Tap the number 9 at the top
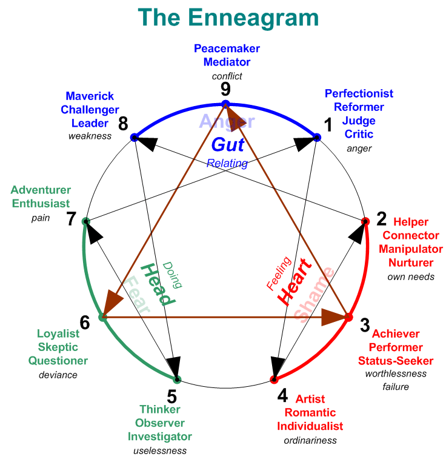click(225, 90)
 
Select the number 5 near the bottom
click(171, 396)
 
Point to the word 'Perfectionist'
click(359, 93)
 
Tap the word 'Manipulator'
click(407, 249)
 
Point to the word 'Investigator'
click(159, 437)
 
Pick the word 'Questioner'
click(58, 361)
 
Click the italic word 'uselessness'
click(159, 451)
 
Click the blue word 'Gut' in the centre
click(227, 144)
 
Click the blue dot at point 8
click(135, 138)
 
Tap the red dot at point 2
click(365, 221)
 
